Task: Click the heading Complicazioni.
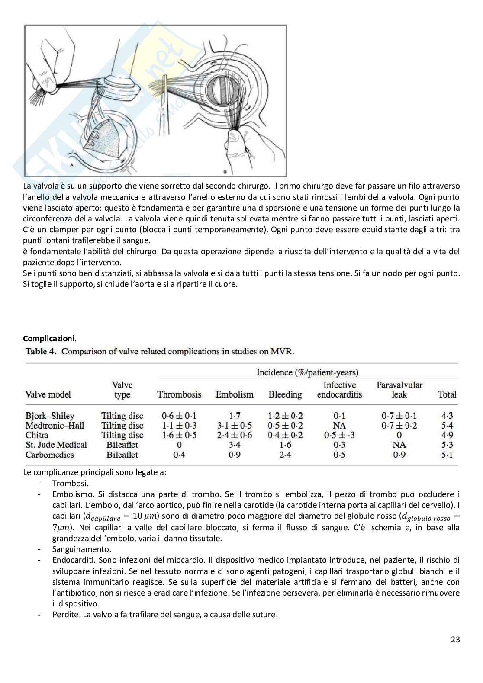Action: click(x=50, y=338)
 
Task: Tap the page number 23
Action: click(x=455, y=639)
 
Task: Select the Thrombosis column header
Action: click(x=179, y=394)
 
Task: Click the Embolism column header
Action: click(x=235, y=394)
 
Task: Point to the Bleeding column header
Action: click(x=285, y=394)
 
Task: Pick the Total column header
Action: click(x=447, y=394)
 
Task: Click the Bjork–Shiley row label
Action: click(x=50, y=416)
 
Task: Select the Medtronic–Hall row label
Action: click(x=55, y=426)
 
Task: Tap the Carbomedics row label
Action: click(x=49, y=455)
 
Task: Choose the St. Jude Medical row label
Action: click(x=56, y=445)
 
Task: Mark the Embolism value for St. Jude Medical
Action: click(x=235, y=445)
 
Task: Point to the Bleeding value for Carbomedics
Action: click(x=285, y=455)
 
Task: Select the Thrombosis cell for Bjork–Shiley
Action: click(x=179, y=416)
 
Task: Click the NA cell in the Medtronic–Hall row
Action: click(x=339, y=426)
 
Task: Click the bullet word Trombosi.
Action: click(x=70, y=483)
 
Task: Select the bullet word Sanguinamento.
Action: click(x=81, y=549)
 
